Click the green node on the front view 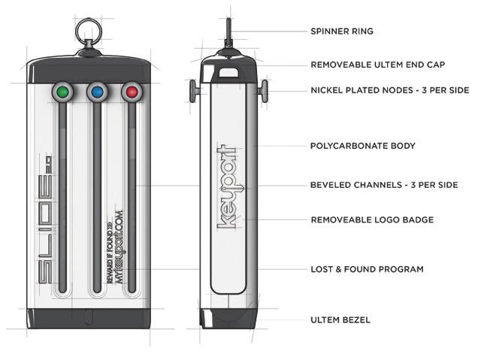pyautogui.click(x=63, y=92)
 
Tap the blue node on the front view pyautogui.click(x=97, y=92)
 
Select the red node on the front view pyautogui.click(x=132, y=92)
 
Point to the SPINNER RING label pyautogui.click(x=342, y=32)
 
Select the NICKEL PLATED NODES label pyautogui.click(x=389, y=90)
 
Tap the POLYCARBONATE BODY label pyautogui.click(x=362, y=146)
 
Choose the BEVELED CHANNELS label pyautogui.click(x=384, y=185)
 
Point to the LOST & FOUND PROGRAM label pyautogui.click(x=367, y=269)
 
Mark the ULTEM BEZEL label pyautogui.click(x=340, y=320)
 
